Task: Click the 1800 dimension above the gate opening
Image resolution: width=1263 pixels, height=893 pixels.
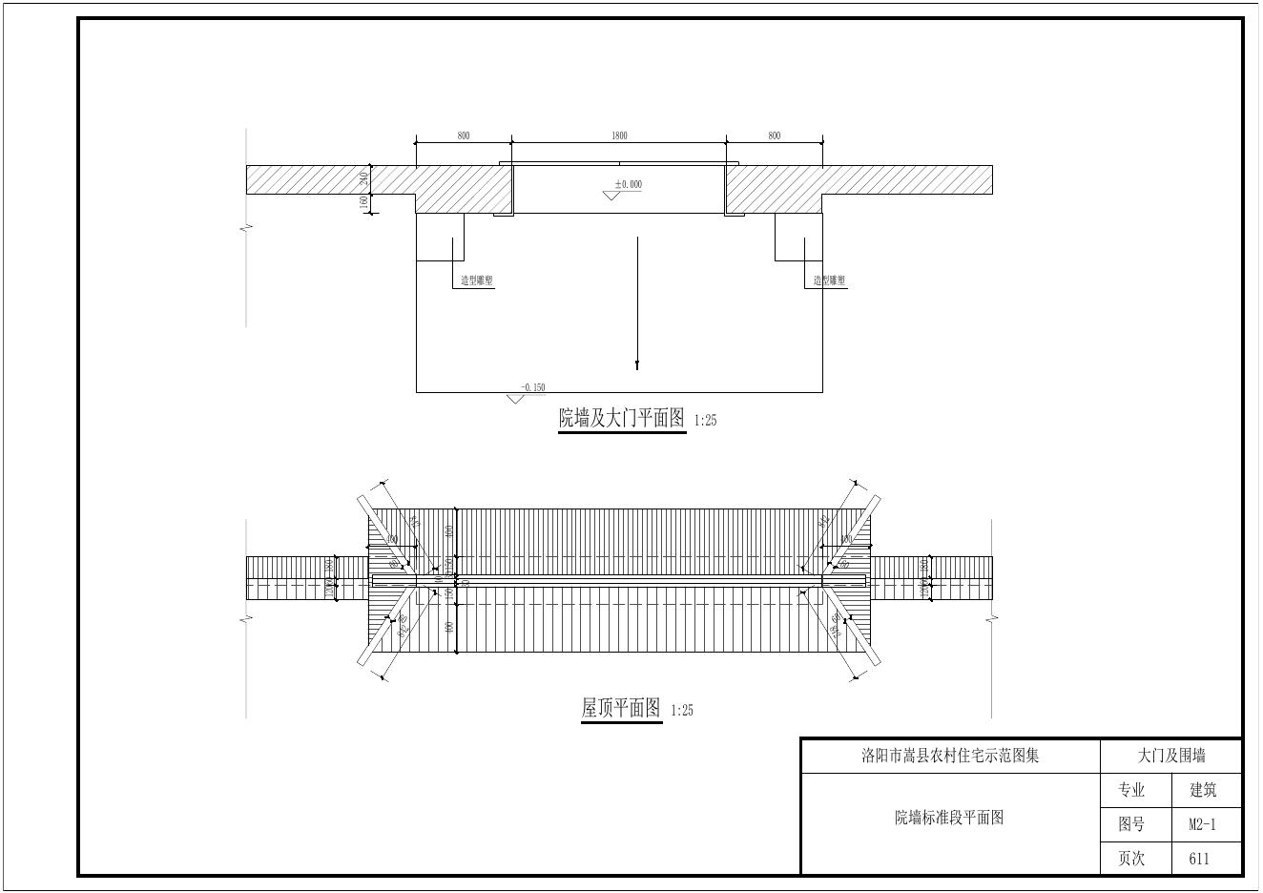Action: (x=619, y=135)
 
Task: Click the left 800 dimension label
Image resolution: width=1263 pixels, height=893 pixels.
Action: (x=464, y=135)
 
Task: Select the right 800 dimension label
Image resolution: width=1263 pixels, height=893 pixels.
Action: (x=774, y=135)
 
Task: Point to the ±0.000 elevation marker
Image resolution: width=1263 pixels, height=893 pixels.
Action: (x=628, y=184)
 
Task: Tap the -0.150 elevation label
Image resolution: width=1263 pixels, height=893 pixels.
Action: (x=532, y=387)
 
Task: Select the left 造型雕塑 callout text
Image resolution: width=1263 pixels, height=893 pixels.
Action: (x=477, y=280)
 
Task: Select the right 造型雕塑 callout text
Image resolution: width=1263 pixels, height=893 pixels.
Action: (x=829, y=280)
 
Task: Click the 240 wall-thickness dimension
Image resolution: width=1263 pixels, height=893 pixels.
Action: (x=364, y=179)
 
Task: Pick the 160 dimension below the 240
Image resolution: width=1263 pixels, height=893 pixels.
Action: (x=364, y=203)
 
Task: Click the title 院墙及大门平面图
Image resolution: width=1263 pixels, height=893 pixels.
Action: (x=622, y=418)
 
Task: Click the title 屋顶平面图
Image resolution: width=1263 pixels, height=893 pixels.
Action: (x=621, y=708)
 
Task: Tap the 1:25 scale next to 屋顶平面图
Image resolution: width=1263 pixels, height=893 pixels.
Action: (x=682, y=711)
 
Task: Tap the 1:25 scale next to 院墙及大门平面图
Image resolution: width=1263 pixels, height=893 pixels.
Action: (x=705, y=421)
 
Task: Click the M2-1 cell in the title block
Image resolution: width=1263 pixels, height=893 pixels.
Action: (x=1202, y=824)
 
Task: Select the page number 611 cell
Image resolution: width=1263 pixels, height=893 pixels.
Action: (x=1199, y=859)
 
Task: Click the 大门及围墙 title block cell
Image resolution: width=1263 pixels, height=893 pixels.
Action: (x=1170, y=756)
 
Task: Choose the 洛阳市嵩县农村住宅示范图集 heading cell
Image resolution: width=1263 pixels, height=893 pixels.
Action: (x=950, y=756)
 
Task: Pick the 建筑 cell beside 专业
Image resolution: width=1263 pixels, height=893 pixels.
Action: (x=1203, y=790)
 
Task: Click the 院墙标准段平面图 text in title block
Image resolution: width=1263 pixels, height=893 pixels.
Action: (x=949, y=818)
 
